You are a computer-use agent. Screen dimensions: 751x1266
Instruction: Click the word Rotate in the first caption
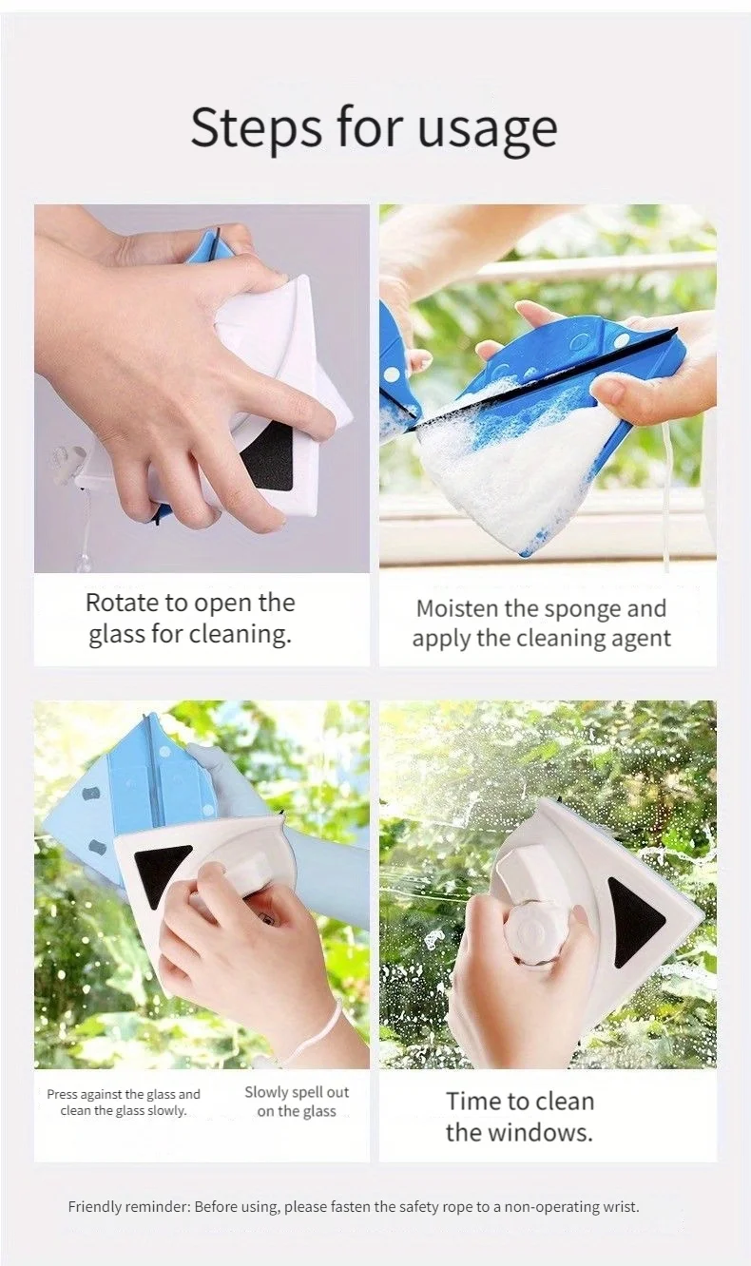point(122,603)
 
